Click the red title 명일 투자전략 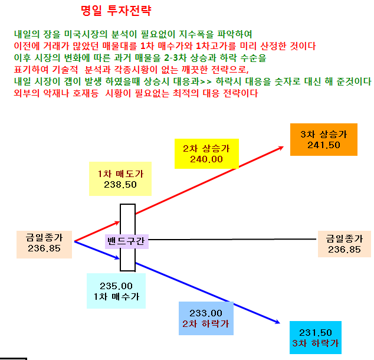click(x=116, y=11)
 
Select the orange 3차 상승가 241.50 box click(x=324, y=139)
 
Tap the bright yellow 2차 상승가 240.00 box click(x=206, y=153)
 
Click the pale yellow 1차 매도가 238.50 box click(x=120, y=179)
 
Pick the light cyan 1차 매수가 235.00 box click(x=116, y=291)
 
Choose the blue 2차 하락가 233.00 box click(x=206, y=318)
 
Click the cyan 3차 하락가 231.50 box click(x=316, y=338)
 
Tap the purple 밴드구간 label click(x=127, y=241)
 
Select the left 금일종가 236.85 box click(x=44, y=244)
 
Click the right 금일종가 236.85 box click(x=345, y=244)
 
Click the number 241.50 click(x=324, y=145)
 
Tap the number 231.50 click(x=316, y=333)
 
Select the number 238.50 click(x=120, y=184)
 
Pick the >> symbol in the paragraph click(x=206, y=82)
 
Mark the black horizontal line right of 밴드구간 click(x=232, y=239)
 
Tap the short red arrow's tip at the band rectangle click(x=119, y=222)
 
